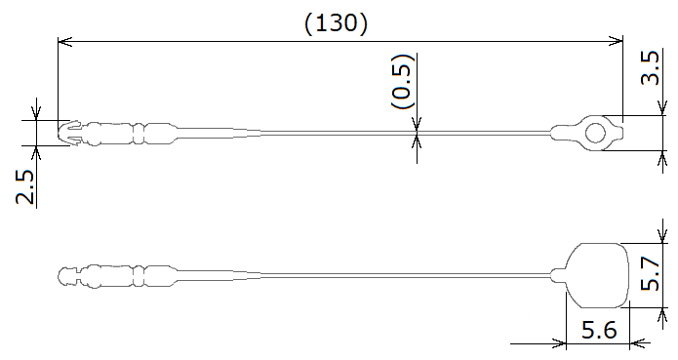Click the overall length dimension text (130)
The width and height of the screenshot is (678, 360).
pyautogui.click(x=337, y=24)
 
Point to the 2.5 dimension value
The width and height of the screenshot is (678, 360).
pyautogui.click(x=25, y=186)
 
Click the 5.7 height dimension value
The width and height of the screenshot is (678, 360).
pyautogui.click(x=650, y=275)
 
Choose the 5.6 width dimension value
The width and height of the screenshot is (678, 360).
pyautogui.click(x=598, y=331)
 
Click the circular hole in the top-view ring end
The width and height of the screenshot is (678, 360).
pyautogui.click(x=594, y=132)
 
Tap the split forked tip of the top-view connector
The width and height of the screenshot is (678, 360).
pyautogui.click(x=68, y=133)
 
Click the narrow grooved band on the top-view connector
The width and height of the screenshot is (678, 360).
pyautogui.click(x=140, y=132)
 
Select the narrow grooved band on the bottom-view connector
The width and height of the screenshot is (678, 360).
pyautogui.click(x=140, y=275)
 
